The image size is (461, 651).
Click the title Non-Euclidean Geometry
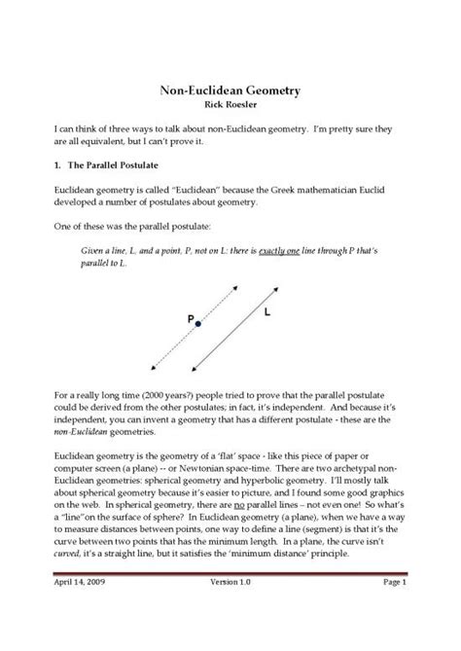[230, 90]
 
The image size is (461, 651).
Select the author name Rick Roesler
[230, 103]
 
